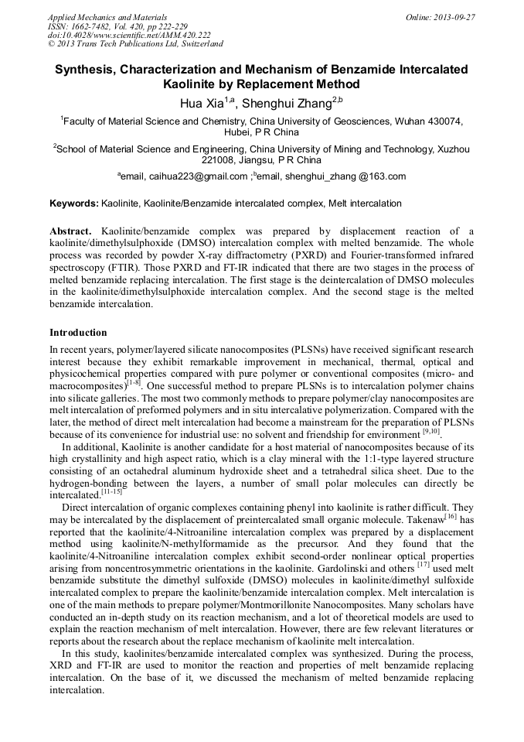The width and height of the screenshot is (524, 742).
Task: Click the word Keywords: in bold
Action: point(73,203)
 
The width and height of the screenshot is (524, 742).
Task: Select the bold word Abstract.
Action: point(70,231)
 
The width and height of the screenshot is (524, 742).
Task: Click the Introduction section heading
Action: point(78,333)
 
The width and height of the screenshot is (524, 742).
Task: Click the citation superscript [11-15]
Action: point(111,492)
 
